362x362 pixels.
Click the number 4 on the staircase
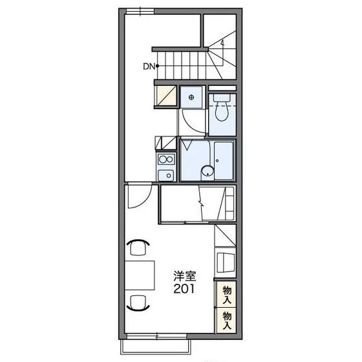[x=222, y=43]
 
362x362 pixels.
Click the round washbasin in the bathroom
[x=206, y=171]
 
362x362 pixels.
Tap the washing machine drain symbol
[x=191, y=97]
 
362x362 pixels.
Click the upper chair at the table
[x=138, y=247]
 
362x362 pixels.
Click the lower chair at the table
[x=138, y=302]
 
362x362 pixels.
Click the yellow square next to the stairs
[x=165, y=96]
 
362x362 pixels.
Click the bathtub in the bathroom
[x=222, y=159]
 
